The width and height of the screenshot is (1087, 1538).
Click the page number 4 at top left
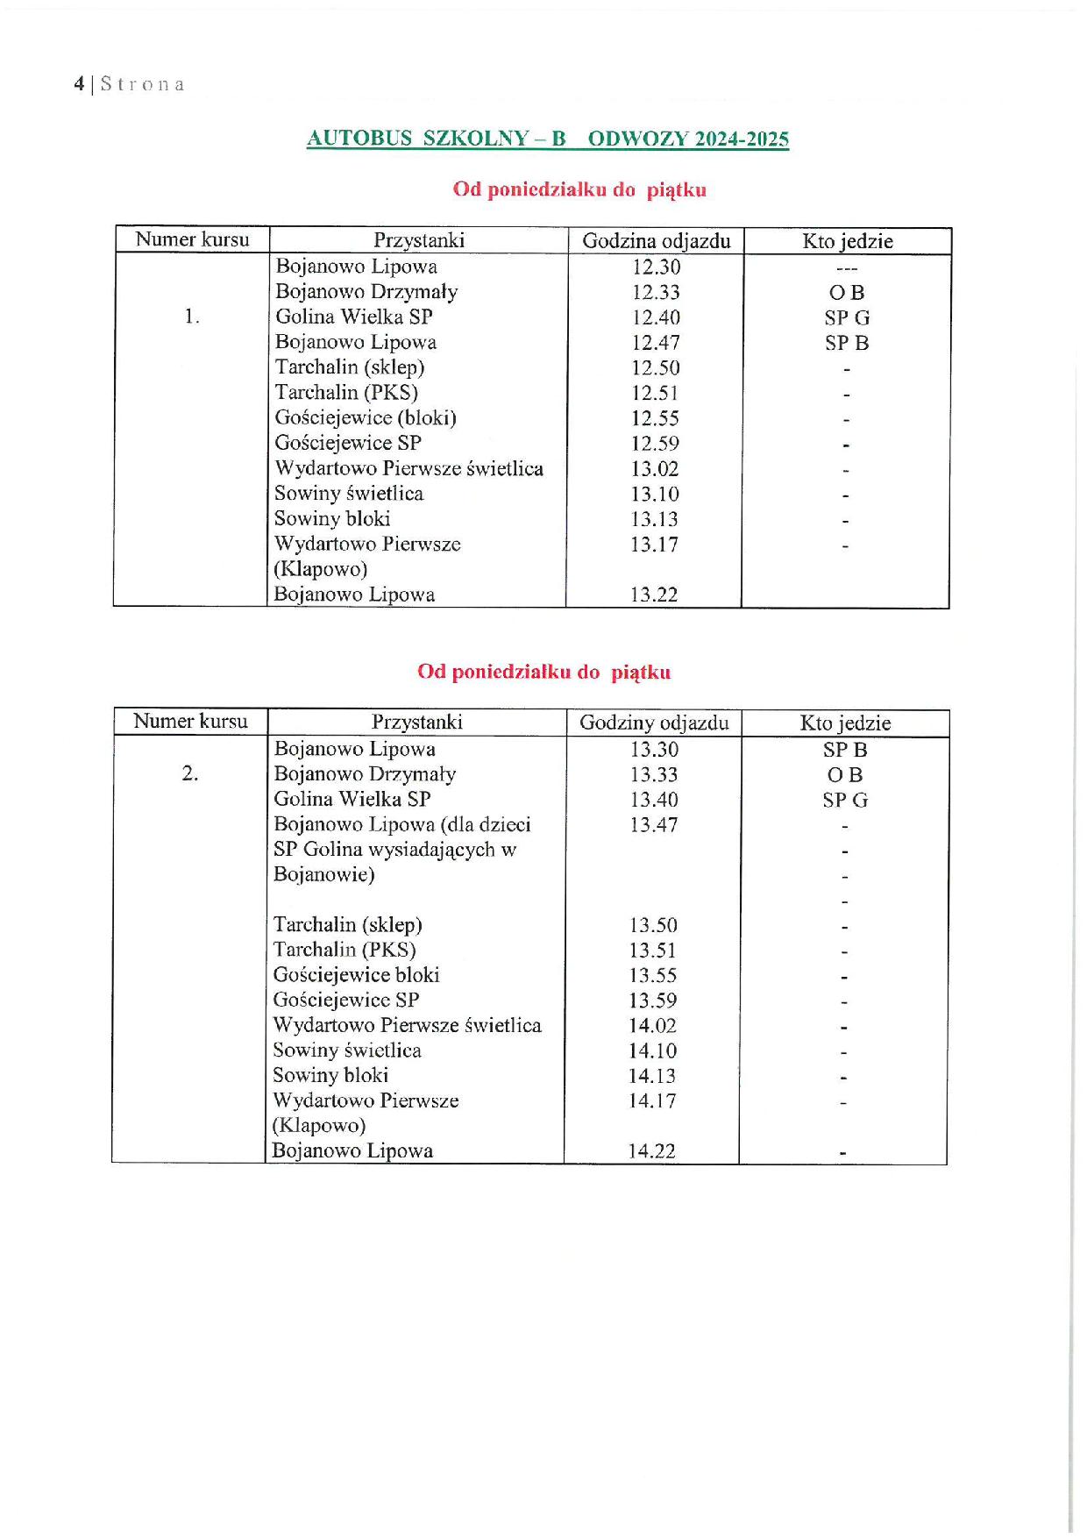79,84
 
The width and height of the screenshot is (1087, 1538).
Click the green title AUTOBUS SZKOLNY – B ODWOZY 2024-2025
547,139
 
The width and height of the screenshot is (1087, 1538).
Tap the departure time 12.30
656,267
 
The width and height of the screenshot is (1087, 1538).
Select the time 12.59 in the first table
655,444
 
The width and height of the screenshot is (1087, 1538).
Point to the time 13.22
654,595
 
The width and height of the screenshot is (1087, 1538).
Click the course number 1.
192,317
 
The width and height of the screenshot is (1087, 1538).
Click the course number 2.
190,773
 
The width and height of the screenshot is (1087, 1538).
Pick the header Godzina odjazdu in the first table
656,241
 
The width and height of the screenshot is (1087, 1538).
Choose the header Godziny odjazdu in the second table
654,723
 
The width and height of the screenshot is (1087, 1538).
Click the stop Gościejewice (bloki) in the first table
366,418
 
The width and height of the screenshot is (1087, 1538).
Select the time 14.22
652,1151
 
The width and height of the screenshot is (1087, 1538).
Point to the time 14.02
653,1025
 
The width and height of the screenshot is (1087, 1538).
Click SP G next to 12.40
847,318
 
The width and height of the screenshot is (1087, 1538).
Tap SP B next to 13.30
845,750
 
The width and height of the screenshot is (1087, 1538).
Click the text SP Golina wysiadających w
394,850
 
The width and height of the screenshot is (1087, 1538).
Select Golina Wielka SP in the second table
352,799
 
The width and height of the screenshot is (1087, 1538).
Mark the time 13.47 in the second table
654,825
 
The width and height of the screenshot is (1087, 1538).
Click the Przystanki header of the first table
419,241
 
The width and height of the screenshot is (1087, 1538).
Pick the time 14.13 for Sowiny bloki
652,1076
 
